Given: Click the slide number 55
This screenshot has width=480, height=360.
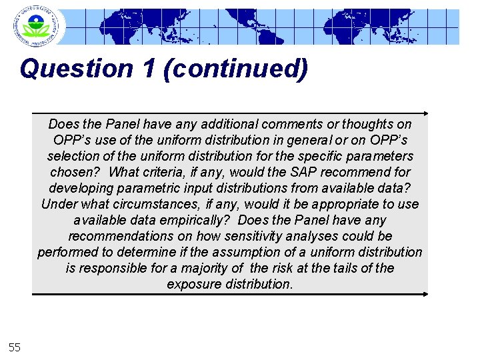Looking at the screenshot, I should point(15,347).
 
